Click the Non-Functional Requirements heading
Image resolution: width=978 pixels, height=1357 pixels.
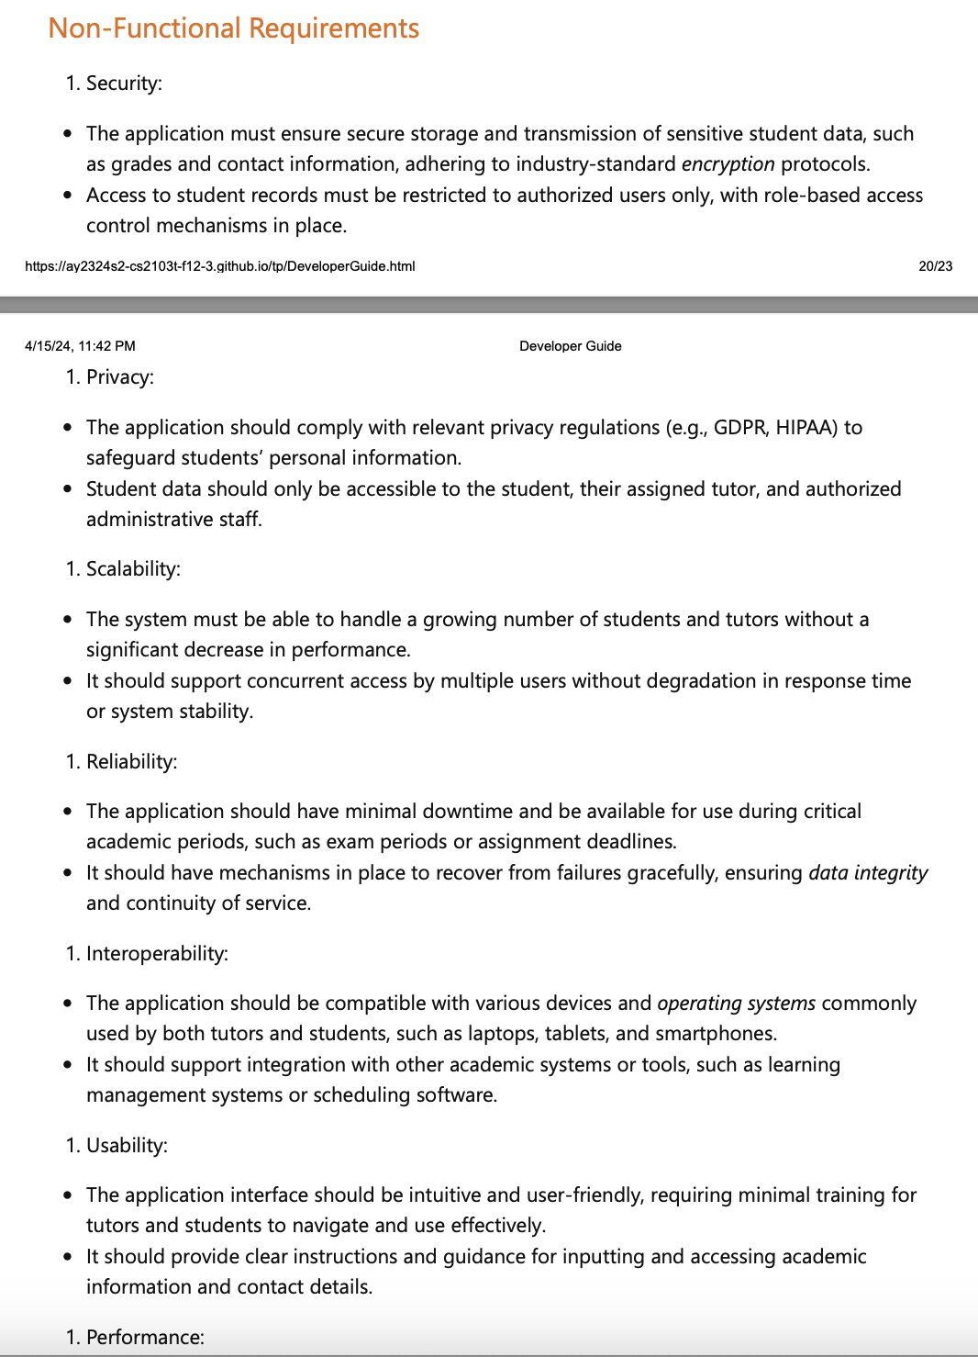tap(233, 28)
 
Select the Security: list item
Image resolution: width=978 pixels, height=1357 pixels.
tap(124, 84)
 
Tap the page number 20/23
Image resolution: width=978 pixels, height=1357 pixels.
tap(935, 266)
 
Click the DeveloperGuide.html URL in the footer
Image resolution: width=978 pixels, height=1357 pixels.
tap(219, 266)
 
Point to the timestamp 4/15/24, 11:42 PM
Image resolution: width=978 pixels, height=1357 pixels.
tap(80, 346)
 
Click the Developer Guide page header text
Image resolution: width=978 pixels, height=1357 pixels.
tap(570, 346)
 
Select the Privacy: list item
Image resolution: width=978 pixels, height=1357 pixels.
tap(120, 377)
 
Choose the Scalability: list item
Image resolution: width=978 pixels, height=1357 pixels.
tap(133, 569)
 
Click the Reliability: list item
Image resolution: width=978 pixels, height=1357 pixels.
tap(131, 762)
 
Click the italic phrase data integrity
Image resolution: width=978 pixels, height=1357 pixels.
tap(868, 873)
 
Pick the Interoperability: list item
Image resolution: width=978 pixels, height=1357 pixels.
tap(157, 954)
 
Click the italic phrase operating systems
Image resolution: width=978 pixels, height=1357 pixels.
tap(736, 1004)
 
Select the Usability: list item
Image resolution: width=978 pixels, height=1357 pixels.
tap(127, 1146)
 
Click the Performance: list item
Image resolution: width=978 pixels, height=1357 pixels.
tap(145, 1338)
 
